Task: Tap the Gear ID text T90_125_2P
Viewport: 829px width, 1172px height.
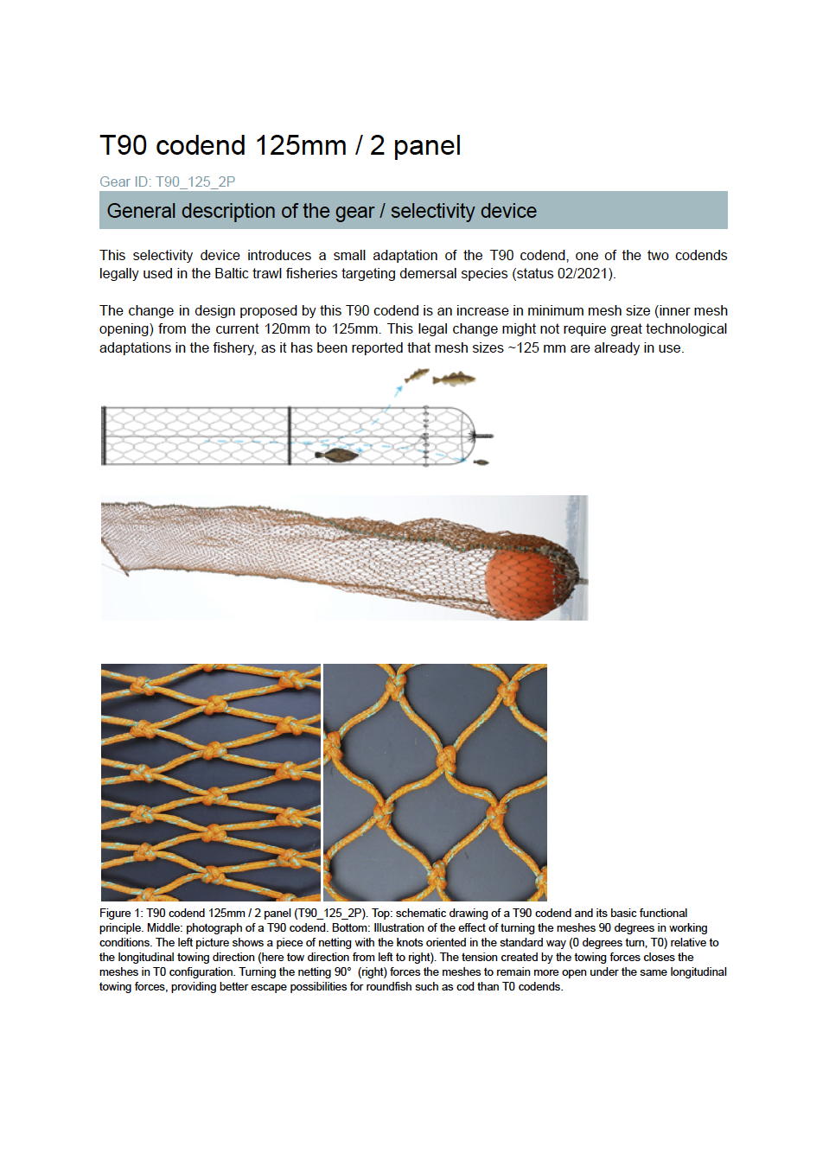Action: click(194, 182)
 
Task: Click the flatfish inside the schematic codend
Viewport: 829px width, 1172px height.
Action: click(336, 455)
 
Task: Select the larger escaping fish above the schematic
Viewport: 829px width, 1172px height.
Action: click(453, 379)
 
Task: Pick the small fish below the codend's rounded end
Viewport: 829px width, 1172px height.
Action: click(481, 462)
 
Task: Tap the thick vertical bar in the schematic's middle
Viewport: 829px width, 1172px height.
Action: click(290, 436)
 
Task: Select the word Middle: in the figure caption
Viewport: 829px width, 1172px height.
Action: click(164, 928)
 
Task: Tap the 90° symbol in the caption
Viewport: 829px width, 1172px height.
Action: click(343, 972)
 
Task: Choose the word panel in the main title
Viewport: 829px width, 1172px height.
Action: click(427, 145)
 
